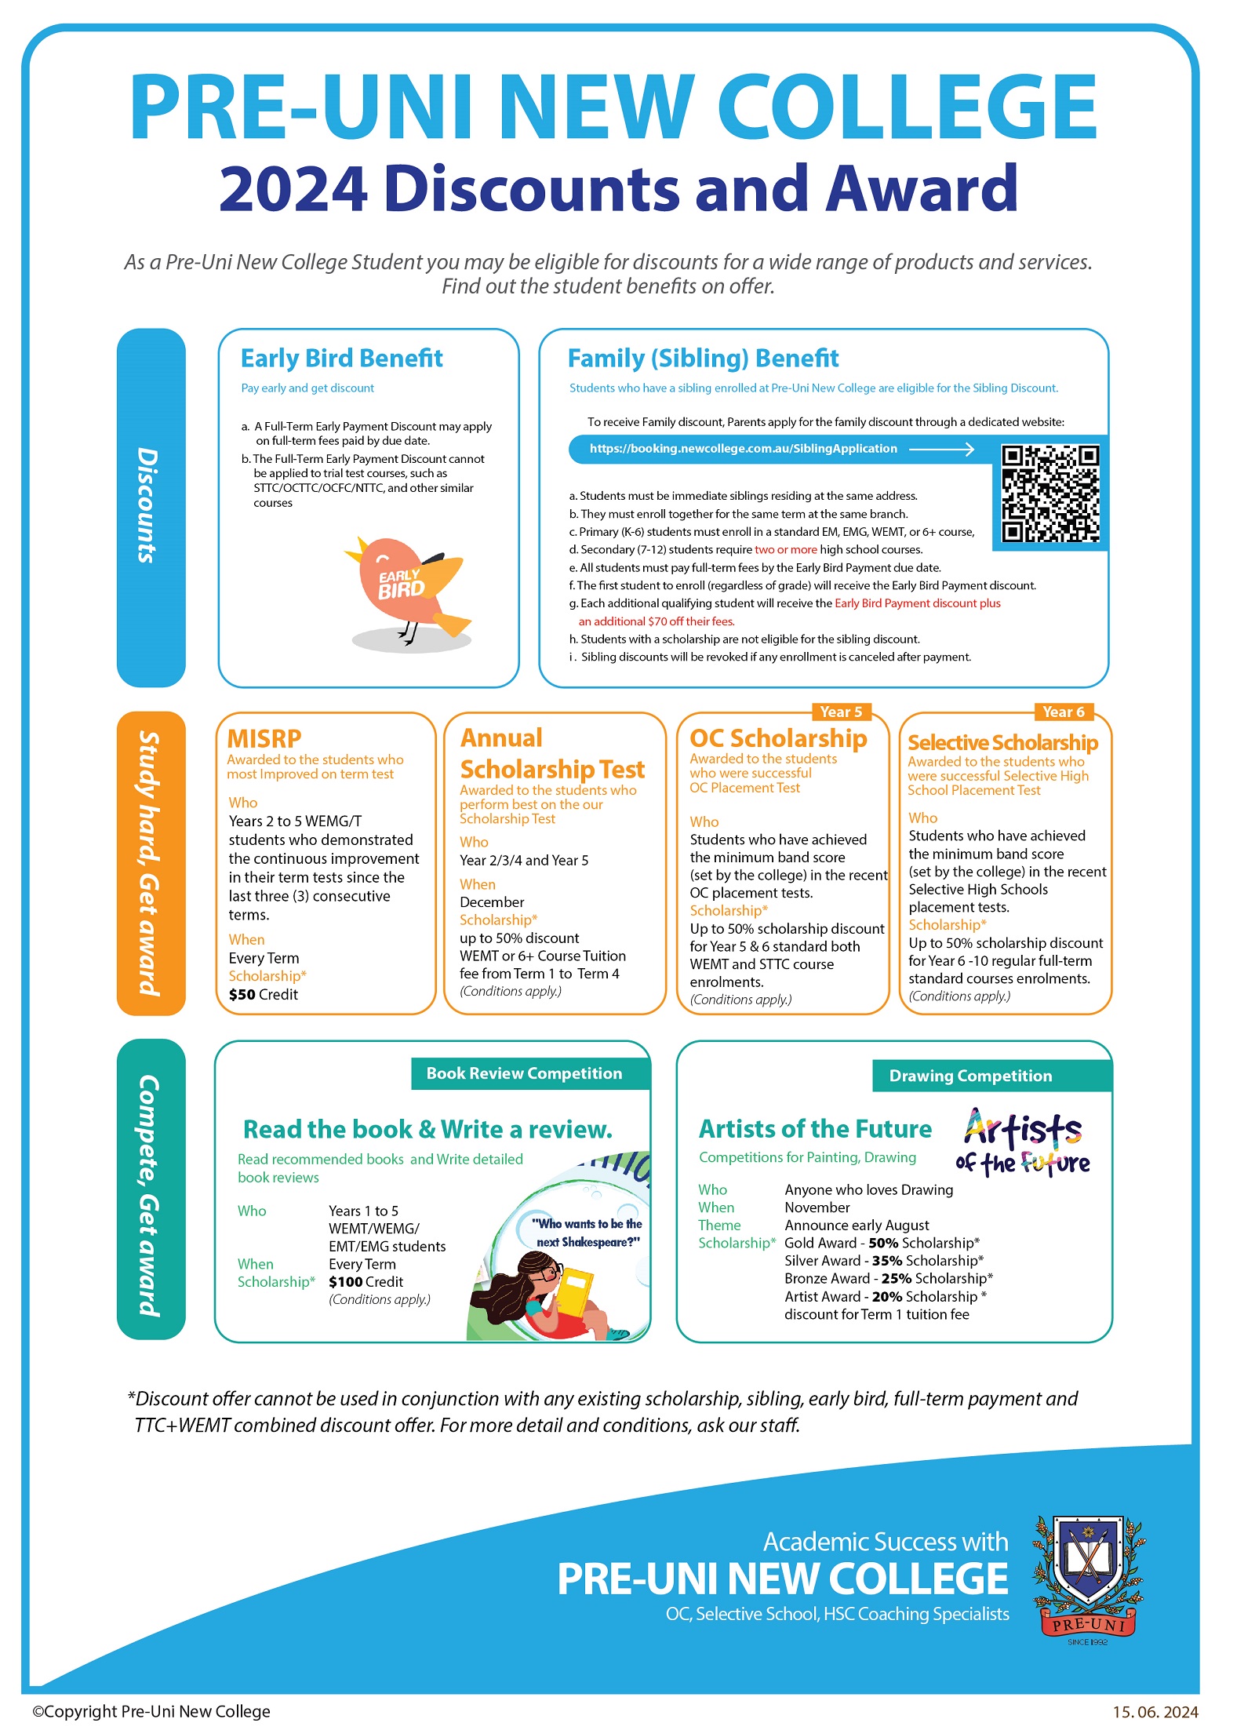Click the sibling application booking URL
743,449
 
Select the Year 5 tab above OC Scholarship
840,712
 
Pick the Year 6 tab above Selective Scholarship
1063,712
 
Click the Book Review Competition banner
524,1073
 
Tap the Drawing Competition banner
970,1076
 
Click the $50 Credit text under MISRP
264,994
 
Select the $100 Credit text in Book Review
366,1282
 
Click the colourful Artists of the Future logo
1023,1142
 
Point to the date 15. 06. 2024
1155,1712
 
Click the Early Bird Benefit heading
341,359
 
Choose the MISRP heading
264,738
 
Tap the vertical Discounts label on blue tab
147,506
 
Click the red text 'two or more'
785,549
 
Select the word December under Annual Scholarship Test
492,902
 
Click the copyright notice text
151,1712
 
